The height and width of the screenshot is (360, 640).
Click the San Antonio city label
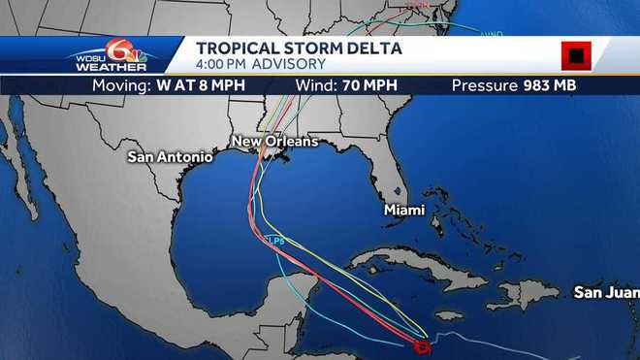point(169,155)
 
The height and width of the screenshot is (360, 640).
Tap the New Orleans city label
point(274,142)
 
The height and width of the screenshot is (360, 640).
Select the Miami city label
point(403,208)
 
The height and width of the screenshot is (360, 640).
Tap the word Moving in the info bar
point(119,84)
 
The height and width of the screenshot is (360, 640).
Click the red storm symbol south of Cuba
point(422,345)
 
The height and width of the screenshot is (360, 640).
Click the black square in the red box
point(576,56)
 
